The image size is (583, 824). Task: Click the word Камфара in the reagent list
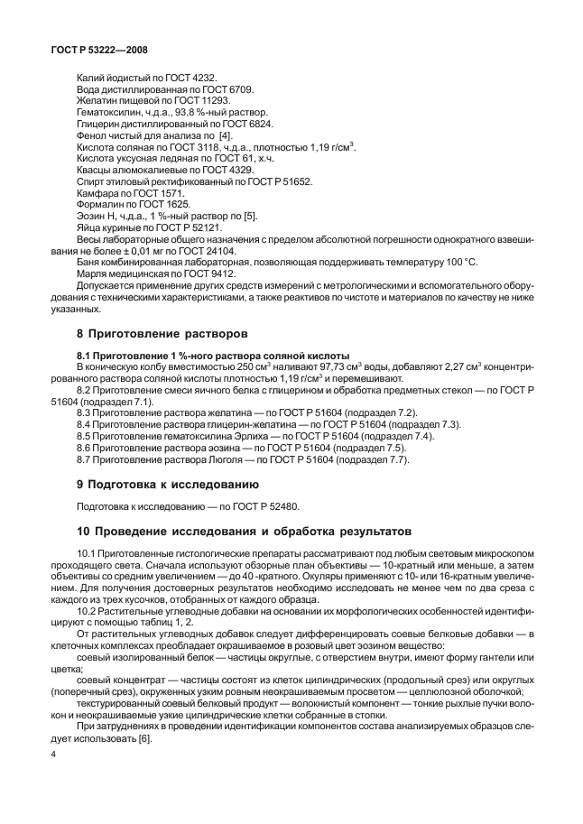[97, 194]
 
